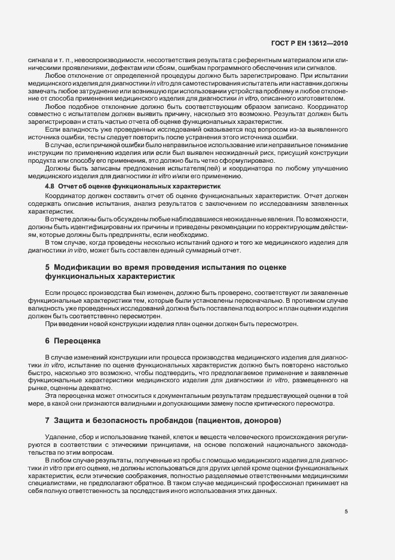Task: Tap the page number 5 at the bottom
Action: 347,511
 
